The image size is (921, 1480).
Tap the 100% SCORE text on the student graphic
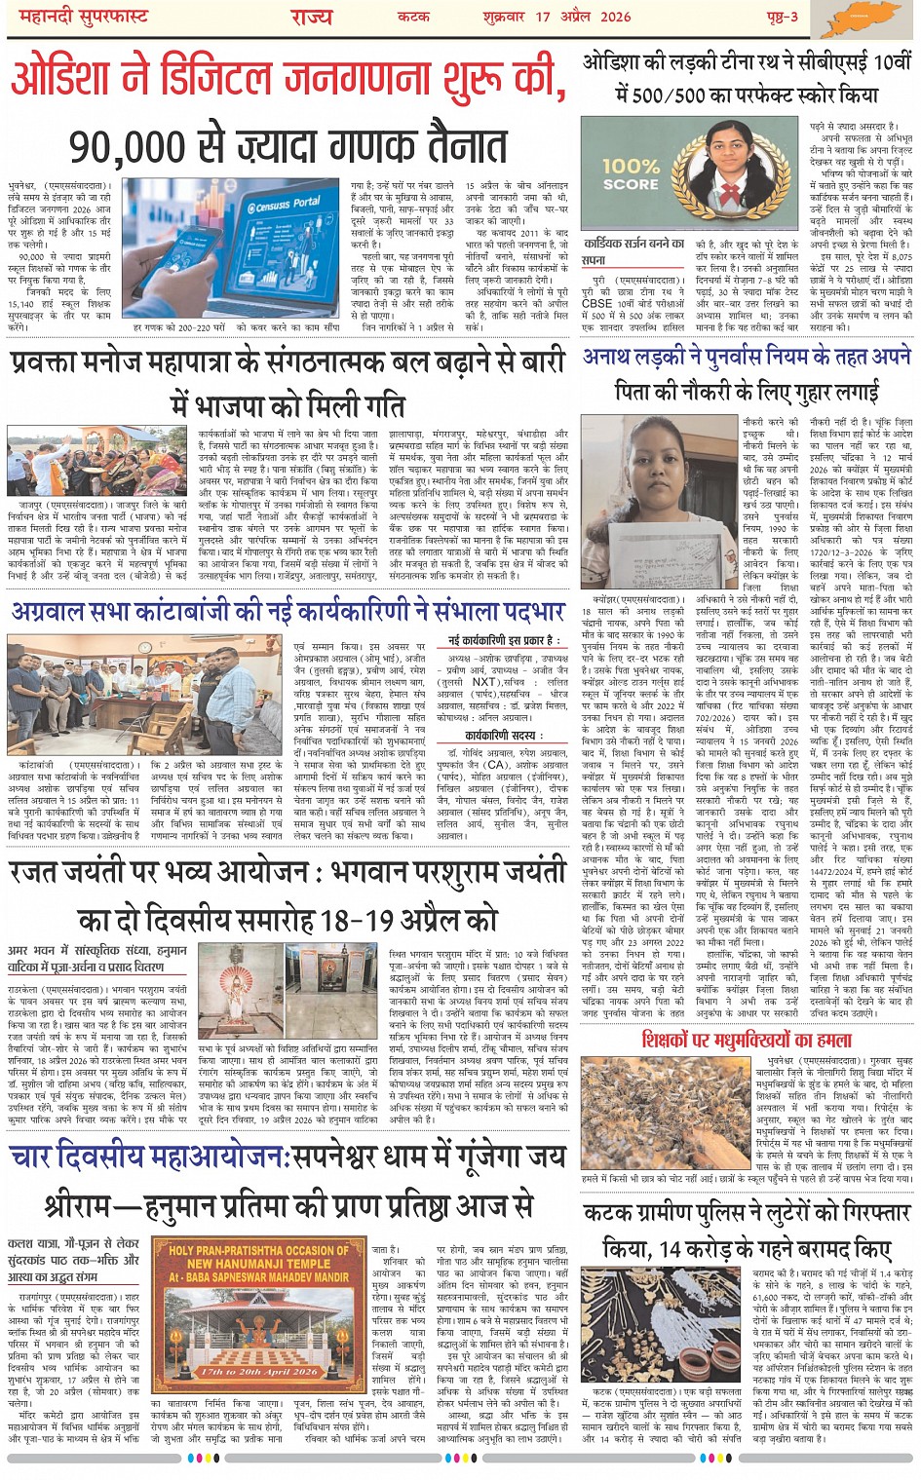click(x=631, y=175)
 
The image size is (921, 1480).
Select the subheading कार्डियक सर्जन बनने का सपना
click(x=633, y=251)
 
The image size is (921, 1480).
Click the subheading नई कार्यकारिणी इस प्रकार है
click(x=505, y=640)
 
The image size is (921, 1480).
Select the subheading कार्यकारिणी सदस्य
click(x=504, y=737)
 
